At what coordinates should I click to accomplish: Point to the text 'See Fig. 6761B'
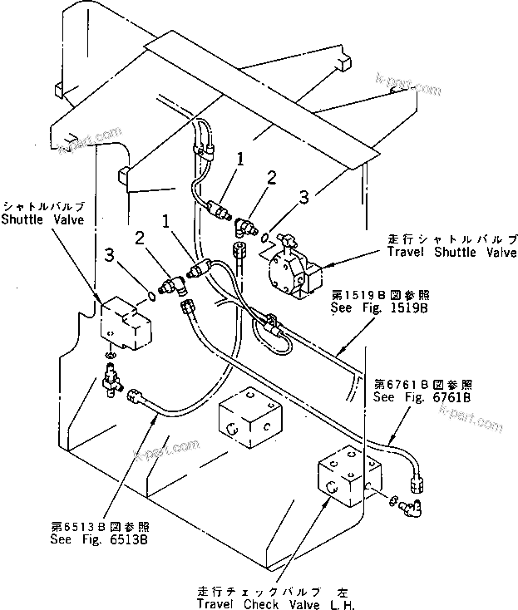pos(423,397)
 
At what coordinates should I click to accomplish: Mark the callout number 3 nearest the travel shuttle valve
pos(303,197)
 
